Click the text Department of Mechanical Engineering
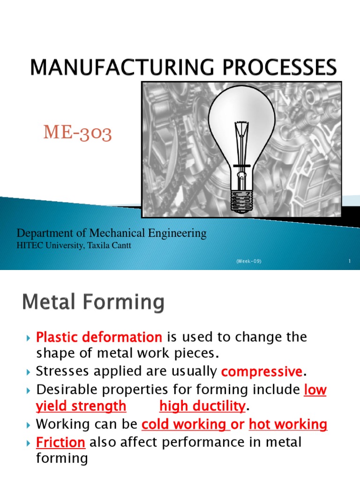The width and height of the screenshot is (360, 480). click(x=112, y=233)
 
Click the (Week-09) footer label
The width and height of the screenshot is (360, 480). click(x=248, y=261)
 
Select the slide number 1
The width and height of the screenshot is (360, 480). click(x=350, y=261)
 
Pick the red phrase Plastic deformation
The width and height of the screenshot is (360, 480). click(x=99, y=337)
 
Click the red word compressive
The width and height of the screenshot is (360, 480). click(x=262, y=372)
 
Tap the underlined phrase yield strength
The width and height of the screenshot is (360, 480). click(x=81, y=406)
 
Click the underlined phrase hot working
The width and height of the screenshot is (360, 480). click(x=288, y=425)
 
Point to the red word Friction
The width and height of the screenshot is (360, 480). click(x=60, y=442)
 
